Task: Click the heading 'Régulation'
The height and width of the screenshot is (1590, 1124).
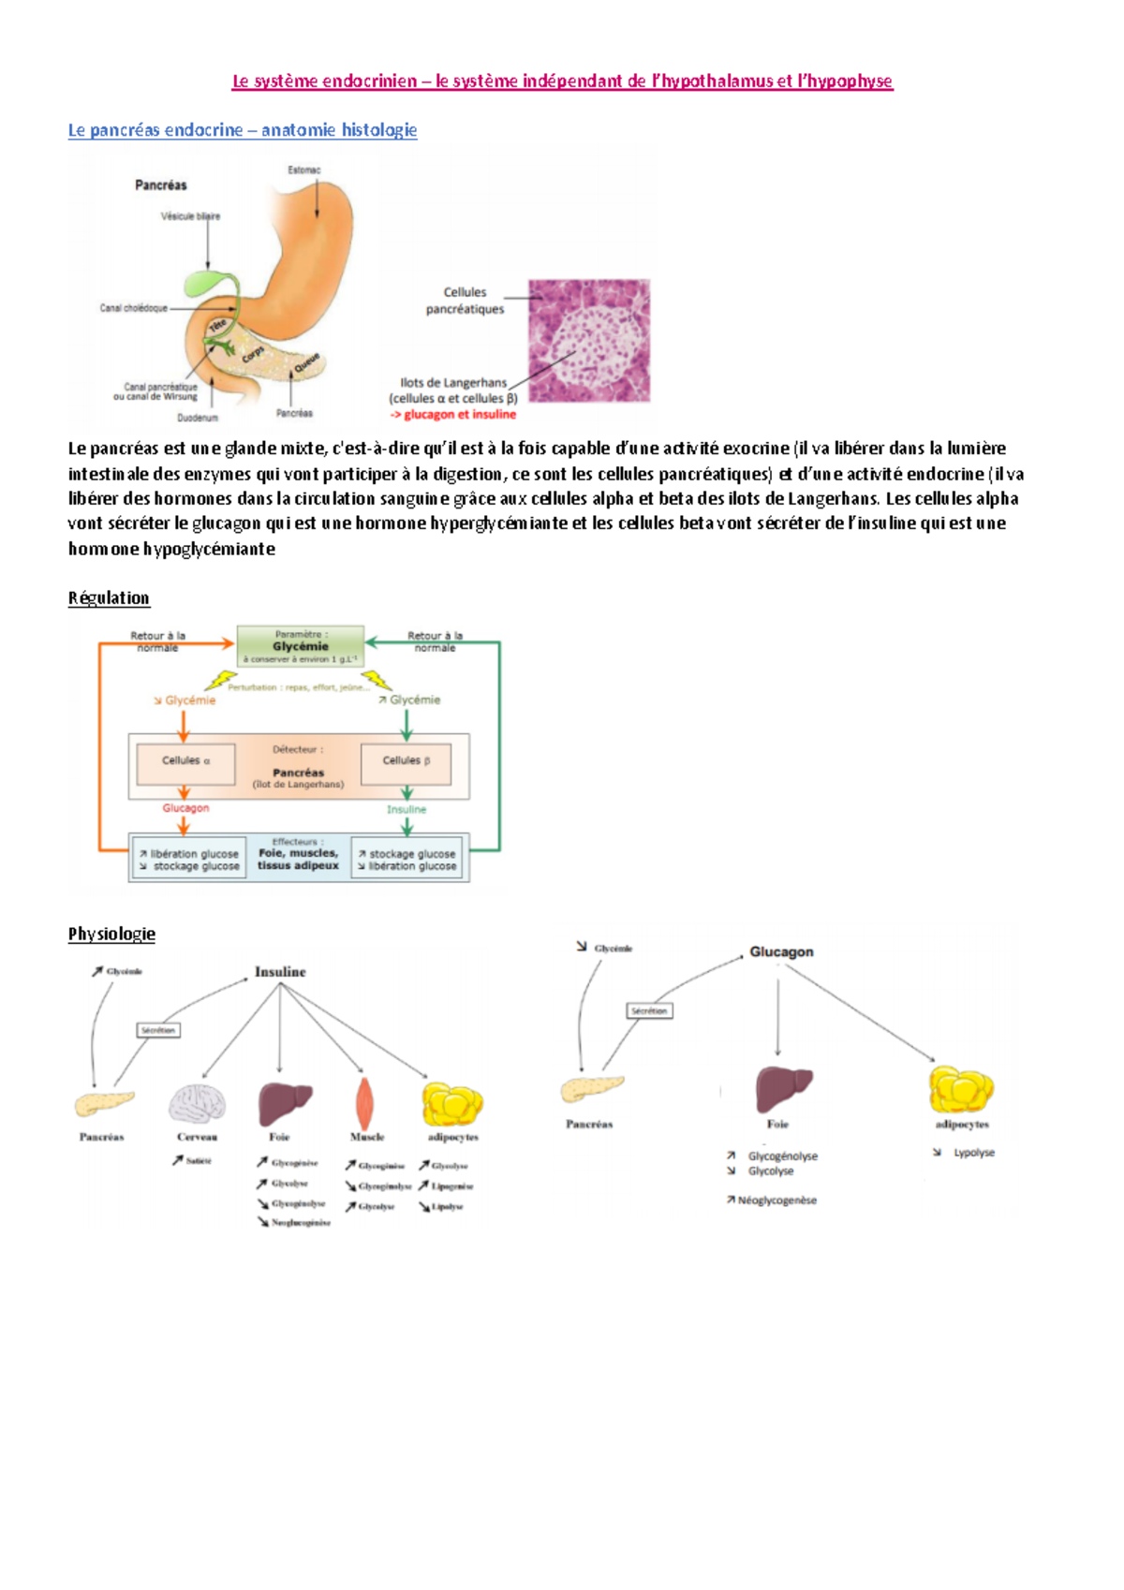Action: coord(109,598)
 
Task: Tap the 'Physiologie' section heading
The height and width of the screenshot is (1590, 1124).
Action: coord(111,934)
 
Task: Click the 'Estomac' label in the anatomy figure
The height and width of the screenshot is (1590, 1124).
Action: coord(303,170)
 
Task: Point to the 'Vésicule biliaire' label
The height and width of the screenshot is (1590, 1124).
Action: coord(190,216)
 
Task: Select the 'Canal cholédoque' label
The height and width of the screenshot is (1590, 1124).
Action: coord(133,308)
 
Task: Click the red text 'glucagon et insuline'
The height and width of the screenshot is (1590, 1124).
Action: coord(459,415)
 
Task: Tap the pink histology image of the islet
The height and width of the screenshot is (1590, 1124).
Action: coord(588,341)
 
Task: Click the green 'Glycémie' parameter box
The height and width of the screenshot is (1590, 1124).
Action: coord(300,646)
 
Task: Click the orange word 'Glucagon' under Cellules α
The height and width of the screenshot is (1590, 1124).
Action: coord(185,808)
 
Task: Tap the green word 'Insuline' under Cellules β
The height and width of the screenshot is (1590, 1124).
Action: coord(407,809)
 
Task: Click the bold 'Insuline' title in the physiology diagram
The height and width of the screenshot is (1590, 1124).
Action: coord(280,972)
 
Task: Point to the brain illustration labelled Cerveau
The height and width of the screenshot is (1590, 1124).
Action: coord(197,1103)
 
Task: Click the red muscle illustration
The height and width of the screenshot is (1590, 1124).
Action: coord(364,1102)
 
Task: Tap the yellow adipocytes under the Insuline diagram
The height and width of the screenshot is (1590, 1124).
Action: coord(452,1103)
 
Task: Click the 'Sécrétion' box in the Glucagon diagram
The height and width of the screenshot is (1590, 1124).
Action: coord(649,1011)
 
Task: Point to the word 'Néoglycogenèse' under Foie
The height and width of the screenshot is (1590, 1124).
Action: coord(776,1200)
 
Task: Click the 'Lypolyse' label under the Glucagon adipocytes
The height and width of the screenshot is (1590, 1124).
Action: coord(974,1153)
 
